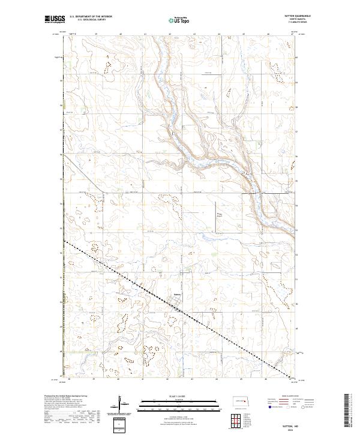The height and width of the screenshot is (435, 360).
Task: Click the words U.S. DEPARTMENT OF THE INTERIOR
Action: tap(91, 16)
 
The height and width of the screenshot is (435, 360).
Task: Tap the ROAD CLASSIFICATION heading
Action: tap(290, 396)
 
